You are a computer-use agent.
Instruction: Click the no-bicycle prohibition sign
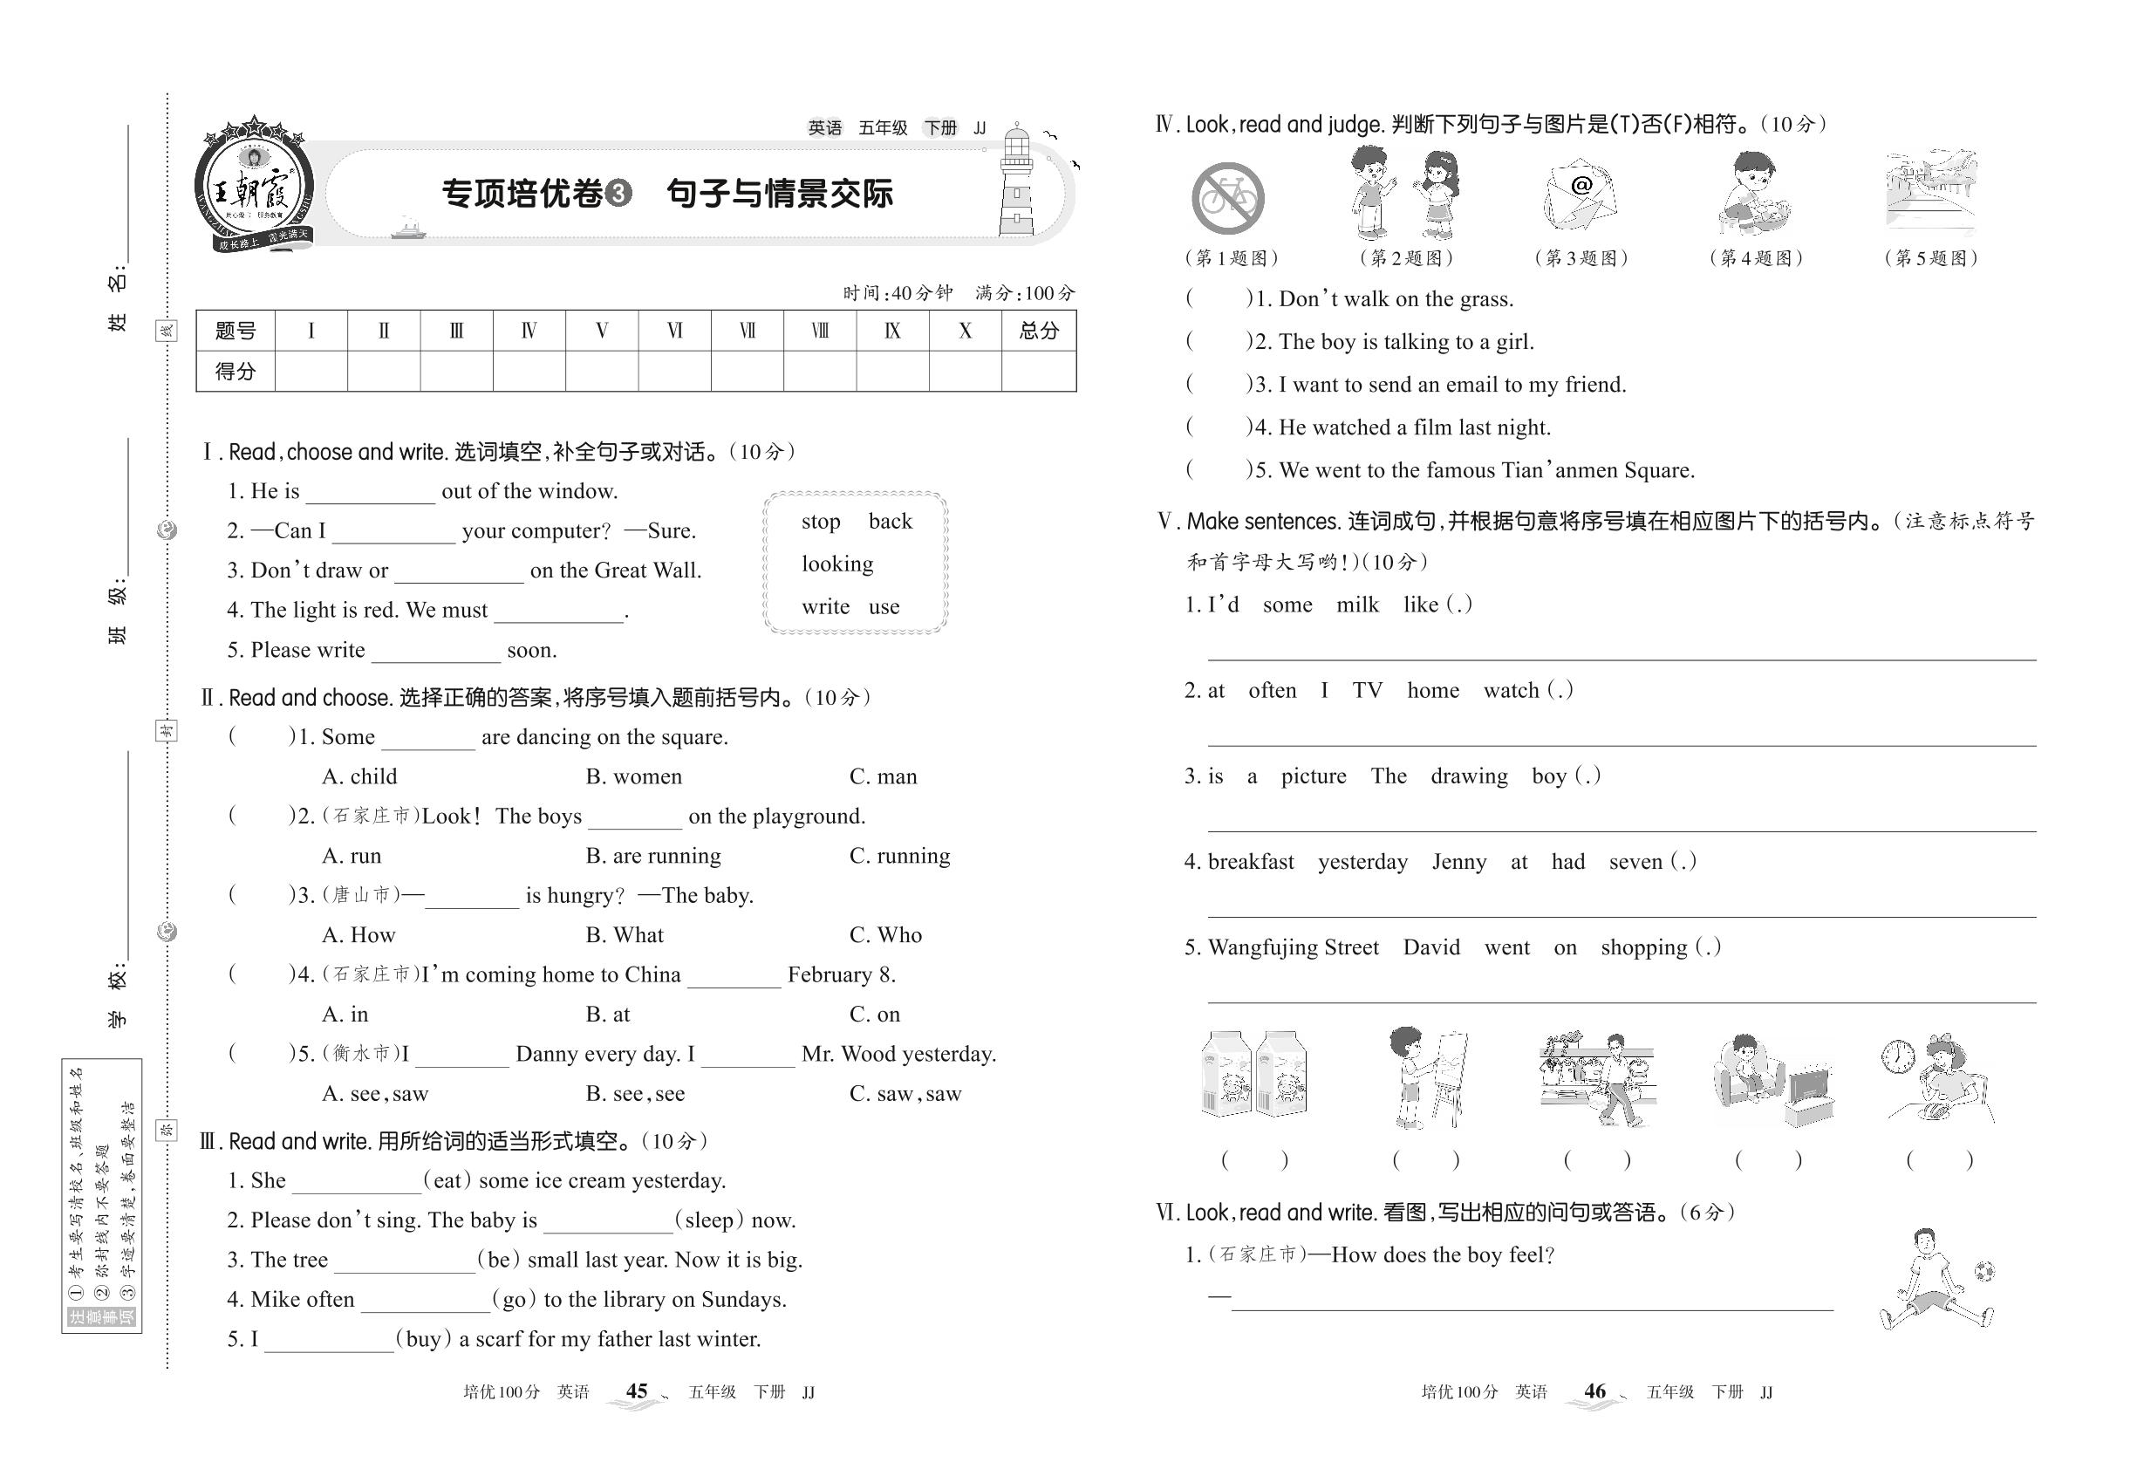click(1227, 198)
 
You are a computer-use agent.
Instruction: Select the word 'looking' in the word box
click(837, 564)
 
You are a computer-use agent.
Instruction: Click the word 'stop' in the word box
click(821, 522)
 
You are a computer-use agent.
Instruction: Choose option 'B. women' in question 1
click(633, 776)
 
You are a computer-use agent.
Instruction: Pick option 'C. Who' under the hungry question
click(885, 935)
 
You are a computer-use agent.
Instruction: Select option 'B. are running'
click(653, 856)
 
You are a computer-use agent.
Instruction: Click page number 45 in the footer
click(637, 1391)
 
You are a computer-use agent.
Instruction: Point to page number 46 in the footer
click(1594, 1391)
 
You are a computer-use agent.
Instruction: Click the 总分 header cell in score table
click(1039, 331)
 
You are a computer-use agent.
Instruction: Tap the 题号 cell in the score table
click(236, 331)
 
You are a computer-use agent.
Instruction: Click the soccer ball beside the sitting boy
click(1983, 1270)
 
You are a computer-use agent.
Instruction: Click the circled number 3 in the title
click(618, 194)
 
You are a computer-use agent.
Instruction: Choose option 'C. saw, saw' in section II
click(905, 1094)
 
